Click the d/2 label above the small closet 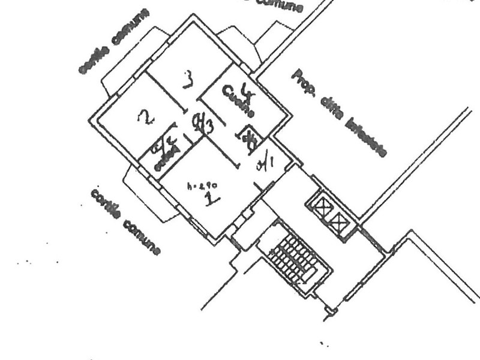coord(164,143)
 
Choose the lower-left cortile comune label coord(126,221)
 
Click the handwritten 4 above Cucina coord(245,89)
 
